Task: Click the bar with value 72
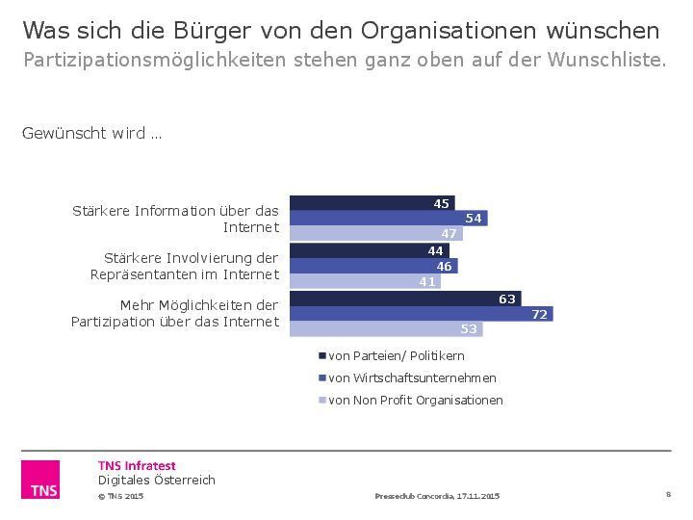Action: [421, 314]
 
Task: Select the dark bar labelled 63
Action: [404, 299]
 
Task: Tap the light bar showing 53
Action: [385, 329]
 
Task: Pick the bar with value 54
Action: [388, 219]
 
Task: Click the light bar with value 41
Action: [364, 282]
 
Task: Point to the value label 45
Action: [442, 203]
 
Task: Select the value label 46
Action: [445, 266]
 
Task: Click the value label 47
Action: [449, 234]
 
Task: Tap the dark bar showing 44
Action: [369, 250]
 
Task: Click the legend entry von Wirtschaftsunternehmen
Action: [412, 377]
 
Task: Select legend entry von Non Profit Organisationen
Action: [416, 400]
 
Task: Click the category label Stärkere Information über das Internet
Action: [176, 219]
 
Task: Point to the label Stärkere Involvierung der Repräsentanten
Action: [184, 266]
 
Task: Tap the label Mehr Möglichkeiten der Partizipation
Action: [175, 313]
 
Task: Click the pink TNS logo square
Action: [40, 480]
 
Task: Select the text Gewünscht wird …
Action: [91, 133]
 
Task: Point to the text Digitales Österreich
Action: [157, 480]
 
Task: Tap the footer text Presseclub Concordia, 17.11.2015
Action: [437, 496]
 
